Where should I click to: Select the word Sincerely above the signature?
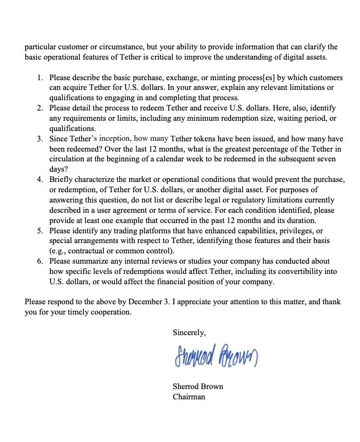pyautogui.click(x=189, y=333)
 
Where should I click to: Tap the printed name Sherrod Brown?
pyautogui.click(x=198, y=386)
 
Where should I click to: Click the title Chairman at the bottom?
pyautogui.click(x=189, y=396)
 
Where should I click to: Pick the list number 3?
pyautogui.click(x=40, y=139)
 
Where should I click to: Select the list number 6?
pyautogui.click(x=40, y=262)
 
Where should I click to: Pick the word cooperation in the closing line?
pyautogui.click(x=109, y=312)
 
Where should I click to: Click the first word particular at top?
pyautogui.click(x=41, y=47)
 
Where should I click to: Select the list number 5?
pyautogui.click(x=40, y=231)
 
